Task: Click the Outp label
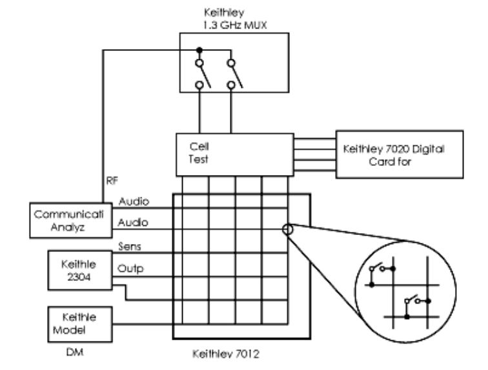coord(131,267)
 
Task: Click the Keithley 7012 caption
coord(220,355)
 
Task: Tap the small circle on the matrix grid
coord(287,229)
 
